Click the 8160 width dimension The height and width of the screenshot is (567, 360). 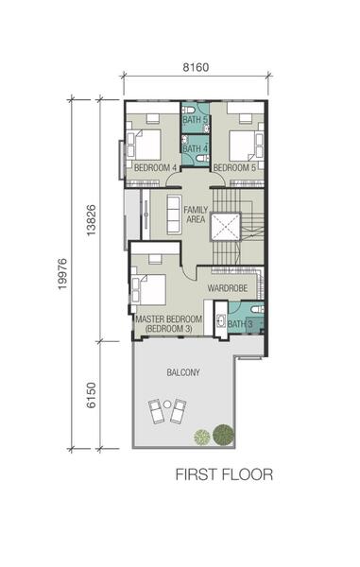click(x=196, y=67)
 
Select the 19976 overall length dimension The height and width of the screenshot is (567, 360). click(x=62, y=274)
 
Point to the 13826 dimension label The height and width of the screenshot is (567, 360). click(x=91, y=220)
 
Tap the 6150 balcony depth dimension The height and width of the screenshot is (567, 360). click(x=91, y=395)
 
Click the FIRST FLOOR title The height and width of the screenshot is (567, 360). click(x=224, y=474)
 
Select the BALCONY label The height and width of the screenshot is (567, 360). click(x=183, y=372)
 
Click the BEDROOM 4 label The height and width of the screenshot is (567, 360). click(x=155, y=168)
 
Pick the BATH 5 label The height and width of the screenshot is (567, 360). click(x=196, y=119)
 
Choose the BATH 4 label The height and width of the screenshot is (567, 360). click(x=196, y=148)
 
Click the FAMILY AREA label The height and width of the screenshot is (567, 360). click(x=196, y=215)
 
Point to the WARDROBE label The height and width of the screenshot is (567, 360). click(x=228, y=288)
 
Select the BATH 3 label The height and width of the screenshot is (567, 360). click(x=240, y=324)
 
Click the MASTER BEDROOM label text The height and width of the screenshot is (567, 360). click(x=168, y=319)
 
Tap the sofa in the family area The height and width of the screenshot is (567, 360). click(x=174, y=215)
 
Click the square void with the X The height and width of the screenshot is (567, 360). click(x=225, y=227)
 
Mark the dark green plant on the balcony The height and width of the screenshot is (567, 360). click(x=223, y=435)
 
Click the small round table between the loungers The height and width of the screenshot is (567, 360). click(x=167, y=404)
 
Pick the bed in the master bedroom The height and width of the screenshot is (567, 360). click(x=148, y=290)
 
